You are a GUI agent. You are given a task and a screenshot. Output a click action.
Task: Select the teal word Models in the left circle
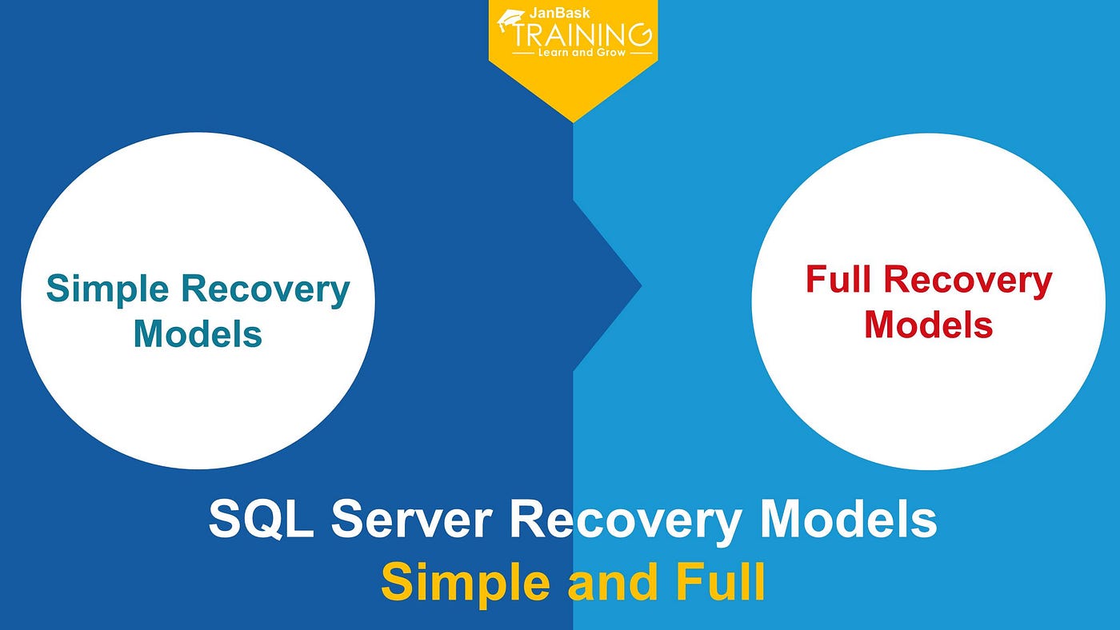tap(198, 333)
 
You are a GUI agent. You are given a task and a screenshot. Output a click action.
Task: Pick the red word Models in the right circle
tap(928, 325)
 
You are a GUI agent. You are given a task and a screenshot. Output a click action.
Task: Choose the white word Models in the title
tap(847, 520)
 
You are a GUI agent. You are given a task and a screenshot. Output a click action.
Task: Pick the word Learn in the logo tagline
tap(551, 53)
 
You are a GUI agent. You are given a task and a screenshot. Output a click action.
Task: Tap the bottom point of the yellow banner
tap(574, 122)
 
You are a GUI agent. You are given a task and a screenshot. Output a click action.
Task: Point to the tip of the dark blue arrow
tap(641, 285)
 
